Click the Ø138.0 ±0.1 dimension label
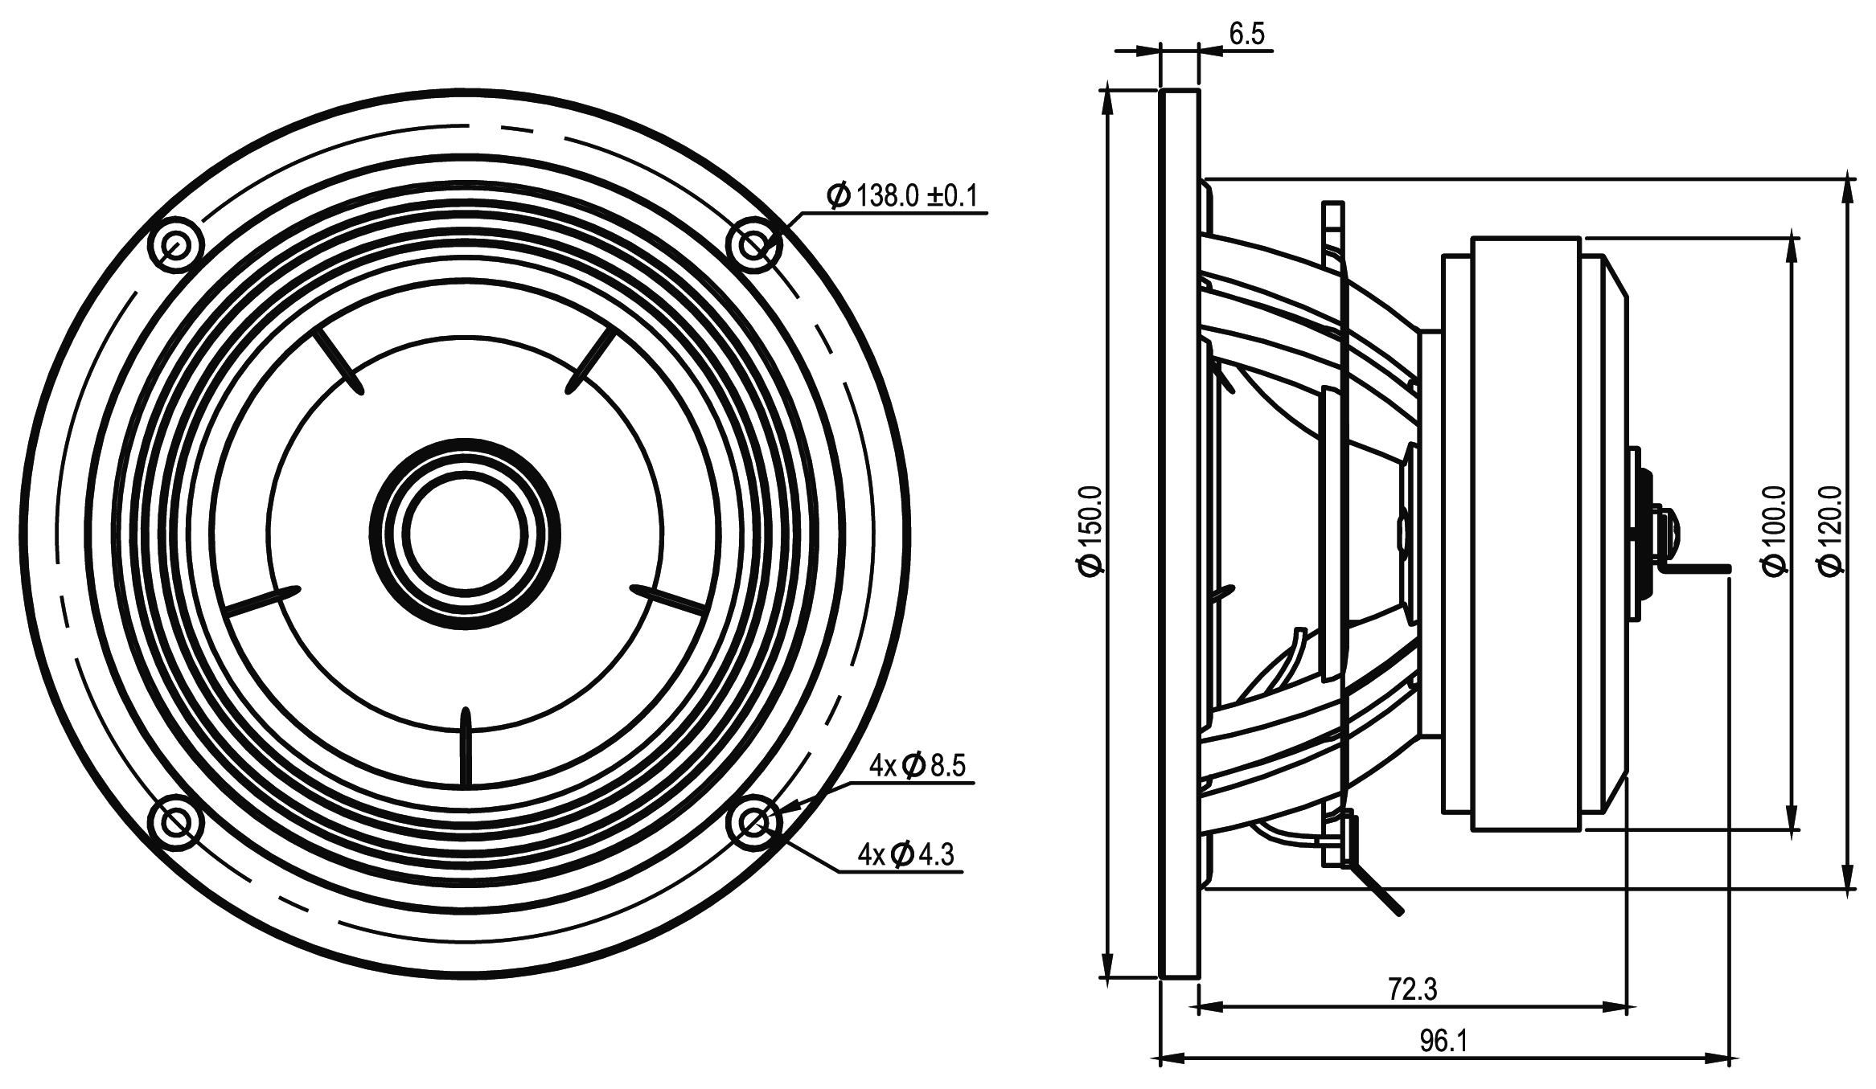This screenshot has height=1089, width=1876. [905, 195]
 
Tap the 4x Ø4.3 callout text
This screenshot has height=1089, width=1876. [905, 854]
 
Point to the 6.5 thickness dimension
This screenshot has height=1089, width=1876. [1246, 34]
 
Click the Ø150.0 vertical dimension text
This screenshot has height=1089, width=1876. [1092, 530]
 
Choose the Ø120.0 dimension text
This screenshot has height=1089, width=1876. [1831, 530]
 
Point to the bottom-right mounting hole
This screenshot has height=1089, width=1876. [753, 821]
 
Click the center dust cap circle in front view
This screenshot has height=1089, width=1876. [465, 534]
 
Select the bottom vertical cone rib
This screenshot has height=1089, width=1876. [464, 747]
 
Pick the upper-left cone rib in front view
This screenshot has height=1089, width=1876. [338, 361]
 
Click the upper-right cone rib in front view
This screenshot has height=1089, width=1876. [591, 361]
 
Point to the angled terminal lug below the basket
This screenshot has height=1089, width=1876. [1377, 888]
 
